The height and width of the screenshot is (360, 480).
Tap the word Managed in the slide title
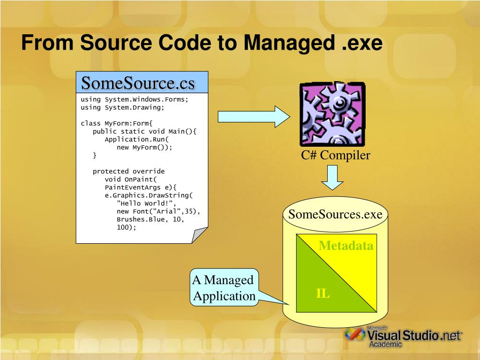pos(287,43)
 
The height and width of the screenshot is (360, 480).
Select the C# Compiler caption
pos(336,155)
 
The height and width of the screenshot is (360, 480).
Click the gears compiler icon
pos(332,114)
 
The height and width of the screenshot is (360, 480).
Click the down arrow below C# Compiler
pos(332,178)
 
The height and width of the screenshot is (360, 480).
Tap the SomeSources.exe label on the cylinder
pos(335,215)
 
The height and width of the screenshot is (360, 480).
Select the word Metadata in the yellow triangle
pos(346,246)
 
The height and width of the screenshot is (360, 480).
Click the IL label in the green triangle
pos(322,294)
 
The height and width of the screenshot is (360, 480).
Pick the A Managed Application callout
pos(224,288)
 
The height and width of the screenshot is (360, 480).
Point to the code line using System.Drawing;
pos(122,107)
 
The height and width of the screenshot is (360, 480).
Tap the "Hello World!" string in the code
pos(146,203)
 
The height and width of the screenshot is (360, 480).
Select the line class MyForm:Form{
pos(117,123)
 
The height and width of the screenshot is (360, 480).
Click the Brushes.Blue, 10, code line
pos(150,219)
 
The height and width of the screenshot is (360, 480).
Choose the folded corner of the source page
pos(199,234)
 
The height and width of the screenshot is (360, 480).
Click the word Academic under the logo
pos(385,344)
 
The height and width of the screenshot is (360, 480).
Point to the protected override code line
pos(128,171)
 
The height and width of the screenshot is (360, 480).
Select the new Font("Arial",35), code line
pos(158,211)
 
